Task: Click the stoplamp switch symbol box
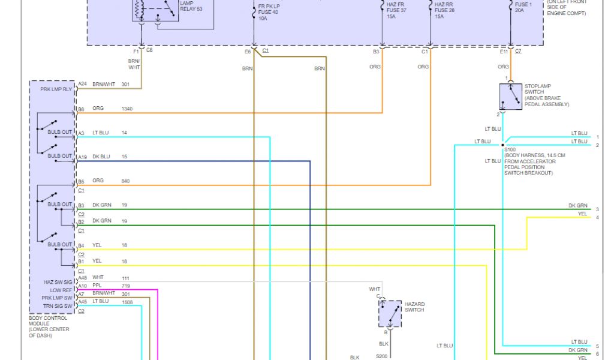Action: [510, 96]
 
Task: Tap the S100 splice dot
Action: [502, 145]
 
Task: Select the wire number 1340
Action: [127, 109]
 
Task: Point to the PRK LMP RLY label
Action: [56, 89]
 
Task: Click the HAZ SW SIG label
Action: [58, 282]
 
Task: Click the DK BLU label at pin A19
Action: [101, 157]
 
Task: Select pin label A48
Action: [82, 277]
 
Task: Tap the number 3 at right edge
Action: [597, 209]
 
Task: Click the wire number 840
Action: [125, 181]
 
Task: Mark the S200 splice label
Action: [382, 356]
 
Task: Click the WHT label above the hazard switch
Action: [375, 289]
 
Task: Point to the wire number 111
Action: [125, 277]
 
